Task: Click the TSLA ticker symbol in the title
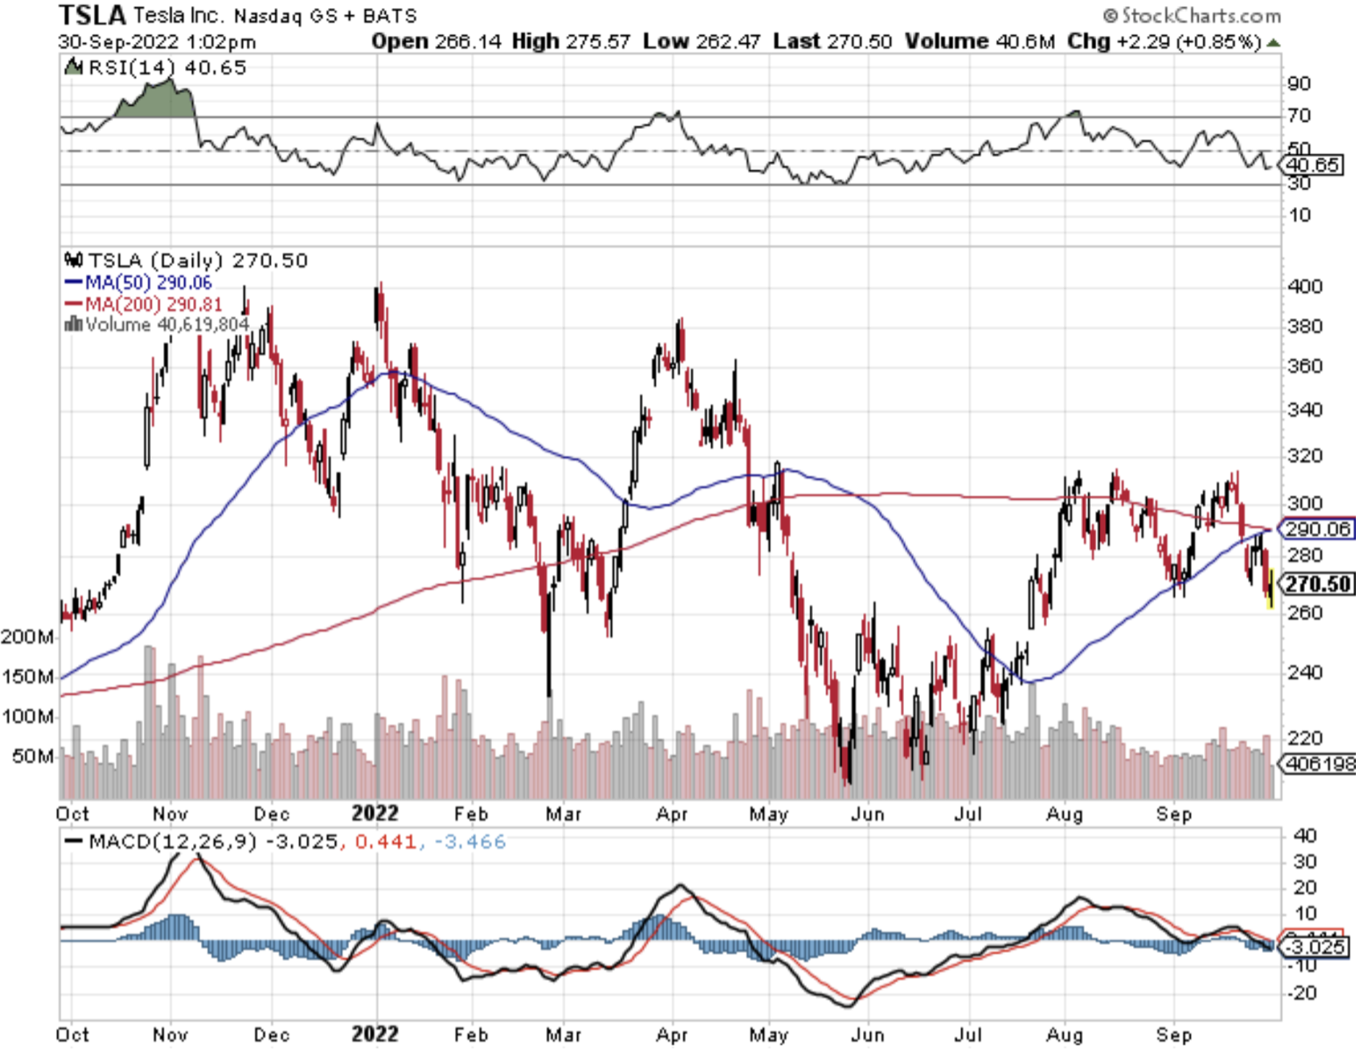tap(92, 15)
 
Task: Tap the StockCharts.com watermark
tap(1192, 15)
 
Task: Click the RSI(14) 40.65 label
tap(157, 68)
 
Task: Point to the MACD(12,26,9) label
tap(161, 842)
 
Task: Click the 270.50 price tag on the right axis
tap(1318, 584)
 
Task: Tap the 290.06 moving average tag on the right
tap(1318, 529)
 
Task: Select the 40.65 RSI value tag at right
tap(1313, 165)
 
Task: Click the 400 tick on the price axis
tap(1305, 287)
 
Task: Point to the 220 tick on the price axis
tap(1305, 738)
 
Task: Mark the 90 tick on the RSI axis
tap(1299, 84)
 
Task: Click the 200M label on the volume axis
tap(26, 636)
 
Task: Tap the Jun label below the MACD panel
tap(867, 1035)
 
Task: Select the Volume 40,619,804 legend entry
tap(158, 325)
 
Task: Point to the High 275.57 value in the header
tap(571, 41)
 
